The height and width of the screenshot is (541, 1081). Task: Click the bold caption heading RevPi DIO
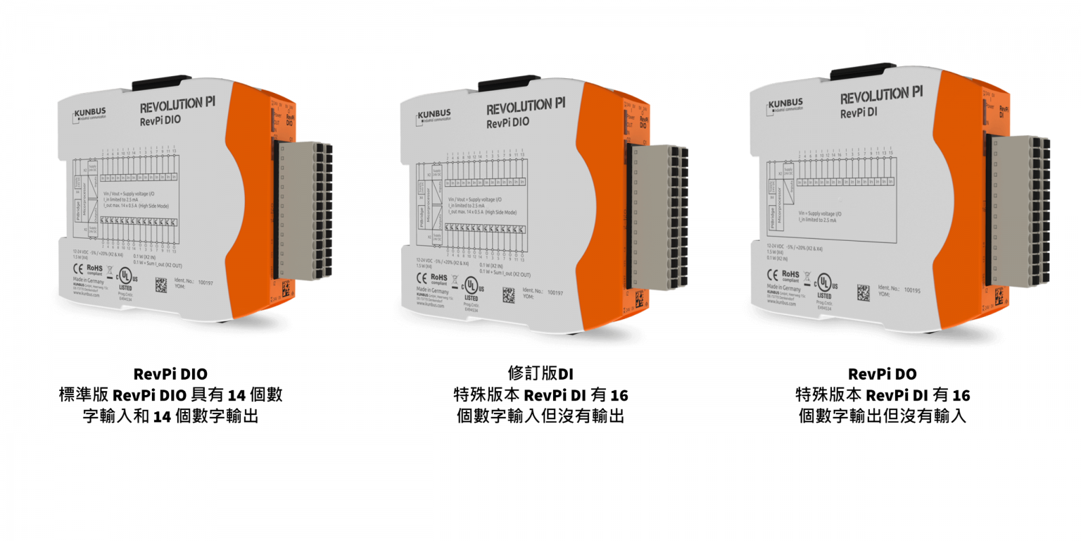(x=170, y=373)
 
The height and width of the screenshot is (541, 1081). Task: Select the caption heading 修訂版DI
(x=540, y=373)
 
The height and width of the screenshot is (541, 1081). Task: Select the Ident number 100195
(x=913, y=290)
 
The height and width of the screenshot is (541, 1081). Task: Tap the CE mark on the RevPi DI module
(x=771, y=273)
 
